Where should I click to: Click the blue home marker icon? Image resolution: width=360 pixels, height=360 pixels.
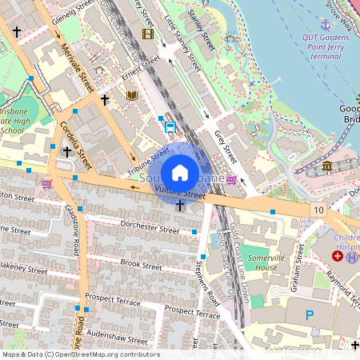(x=180, y=172)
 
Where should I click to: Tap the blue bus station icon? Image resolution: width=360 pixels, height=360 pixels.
(x=170, y=126)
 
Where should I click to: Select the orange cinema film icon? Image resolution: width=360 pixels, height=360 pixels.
(x=147, y=34)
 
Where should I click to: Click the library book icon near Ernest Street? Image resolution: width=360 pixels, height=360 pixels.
(x=131, y=95)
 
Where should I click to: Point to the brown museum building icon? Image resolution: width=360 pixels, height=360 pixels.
(x=329, y=166)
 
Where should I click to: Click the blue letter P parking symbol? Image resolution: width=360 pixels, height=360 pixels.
(x=309, y=316)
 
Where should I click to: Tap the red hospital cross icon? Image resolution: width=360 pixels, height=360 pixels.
(x=337, y=255)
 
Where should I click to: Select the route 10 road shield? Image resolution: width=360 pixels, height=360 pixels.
(x=318, y=210)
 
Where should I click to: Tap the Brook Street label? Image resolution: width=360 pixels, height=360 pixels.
(x=141, y=262)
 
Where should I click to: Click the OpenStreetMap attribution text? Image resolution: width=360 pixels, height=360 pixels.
(x=80, y=354)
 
